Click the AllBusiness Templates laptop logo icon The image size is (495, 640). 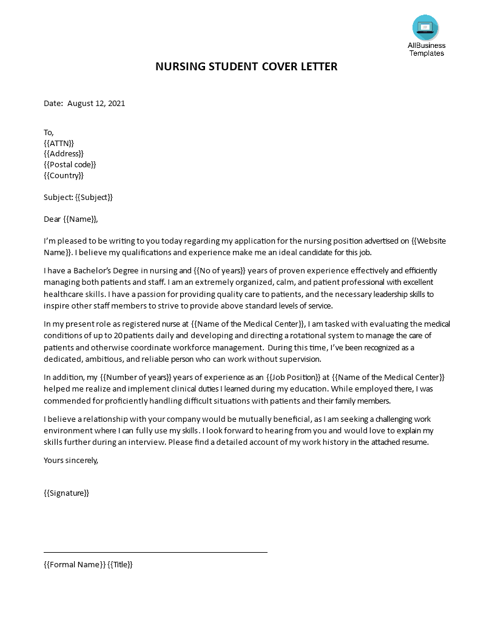tap(425, 28)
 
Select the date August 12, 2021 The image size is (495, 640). tap(96, 104)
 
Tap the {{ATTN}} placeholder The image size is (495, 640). tap(59, 143)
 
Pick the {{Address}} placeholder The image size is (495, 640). tap(64, 154)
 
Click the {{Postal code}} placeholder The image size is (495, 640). tap(70, 165)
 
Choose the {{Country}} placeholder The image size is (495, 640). tap(64, 176)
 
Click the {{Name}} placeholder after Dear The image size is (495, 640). tap(79, 219)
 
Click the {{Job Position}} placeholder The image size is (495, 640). tap(293, 378)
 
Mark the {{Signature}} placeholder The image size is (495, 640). tap(67, 493)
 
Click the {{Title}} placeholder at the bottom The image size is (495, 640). tap(120, 565)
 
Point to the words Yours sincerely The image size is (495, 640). tap(70, 461)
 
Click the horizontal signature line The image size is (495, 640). tap(155, 553)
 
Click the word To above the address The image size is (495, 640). tap(49, 132)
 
